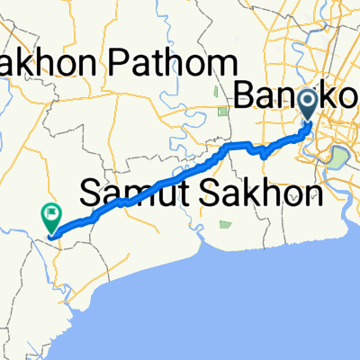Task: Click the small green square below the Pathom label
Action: tap(223, 112)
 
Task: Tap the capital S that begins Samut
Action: tap(92, 192)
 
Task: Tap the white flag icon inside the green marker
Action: tap(51, 213)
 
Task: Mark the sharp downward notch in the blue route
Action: tap(262, 155)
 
